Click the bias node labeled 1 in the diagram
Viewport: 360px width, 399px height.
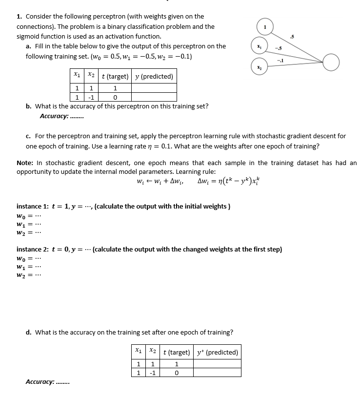[265, 26]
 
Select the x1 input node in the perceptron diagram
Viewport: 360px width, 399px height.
[259, 45]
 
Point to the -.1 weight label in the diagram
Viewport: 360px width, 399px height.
[280, 60]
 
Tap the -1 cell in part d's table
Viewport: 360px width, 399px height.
[153, 373]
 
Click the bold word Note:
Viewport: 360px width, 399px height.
[25, 163]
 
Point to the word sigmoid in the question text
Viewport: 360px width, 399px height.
[29, 36]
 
